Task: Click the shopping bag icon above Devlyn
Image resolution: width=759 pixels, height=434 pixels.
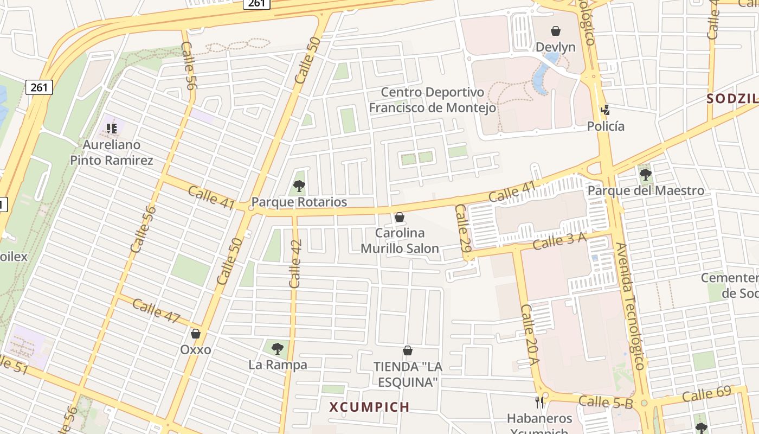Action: (x=555, y=31)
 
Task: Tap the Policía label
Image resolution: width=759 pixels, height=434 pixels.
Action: (x=606, y=126)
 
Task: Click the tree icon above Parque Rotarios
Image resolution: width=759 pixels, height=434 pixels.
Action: (x=299, y=187)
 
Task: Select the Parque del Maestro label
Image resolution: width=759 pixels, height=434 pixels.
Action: (x=646, y=191)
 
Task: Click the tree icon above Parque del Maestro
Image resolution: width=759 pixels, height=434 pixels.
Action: (x=645, y=175)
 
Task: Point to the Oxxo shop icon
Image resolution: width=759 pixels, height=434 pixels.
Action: (x=196, y=334)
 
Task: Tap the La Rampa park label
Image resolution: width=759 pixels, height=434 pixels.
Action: (x=278, y=365)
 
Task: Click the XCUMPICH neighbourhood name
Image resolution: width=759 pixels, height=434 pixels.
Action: (x=369, y=407)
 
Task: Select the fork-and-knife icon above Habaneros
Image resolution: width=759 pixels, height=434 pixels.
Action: (x=539, y=402)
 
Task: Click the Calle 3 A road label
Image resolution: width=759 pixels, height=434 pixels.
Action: (x=559, y=241)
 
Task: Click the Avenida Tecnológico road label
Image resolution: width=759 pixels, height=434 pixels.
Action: (x=629, y=307)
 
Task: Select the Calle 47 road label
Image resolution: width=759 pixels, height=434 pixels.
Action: (x=156, y=311)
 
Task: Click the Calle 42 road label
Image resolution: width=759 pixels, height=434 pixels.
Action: (x=295, y=264)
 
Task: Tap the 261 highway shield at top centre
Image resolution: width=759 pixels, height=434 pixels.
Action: (x=256, y=4)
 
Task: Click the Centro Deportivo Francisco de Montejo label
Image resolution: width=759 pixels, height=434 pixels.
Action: (x=432, y=100)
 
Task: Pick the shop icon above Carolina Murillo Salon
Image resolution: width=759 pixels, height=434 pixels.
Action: (x=400, y=218)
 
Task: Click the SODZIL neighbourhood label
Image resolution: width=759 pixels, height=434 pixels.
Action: (x=732, y=99)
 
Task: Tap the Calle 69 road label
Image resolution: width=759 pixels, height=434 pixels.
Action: (x=706, y=395)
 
